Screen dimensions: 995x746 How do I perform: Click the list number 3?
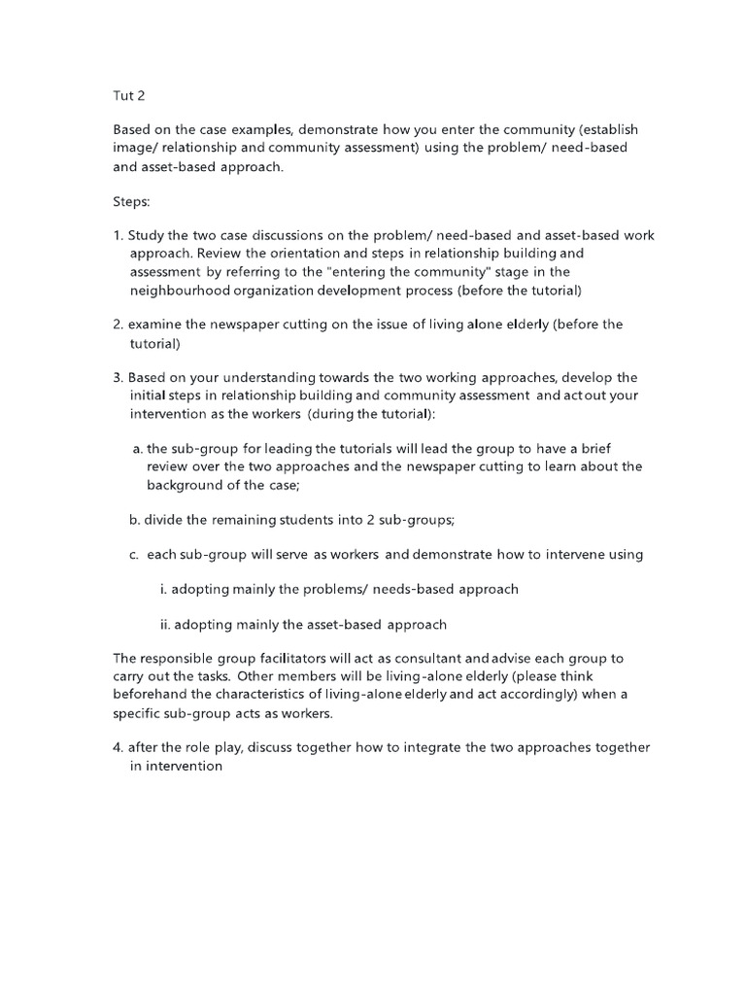point(117,377)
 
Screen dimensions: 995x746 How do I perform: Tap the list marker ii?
point(165,625)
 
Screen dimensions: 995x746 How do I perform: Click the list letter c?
point(133,555)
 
